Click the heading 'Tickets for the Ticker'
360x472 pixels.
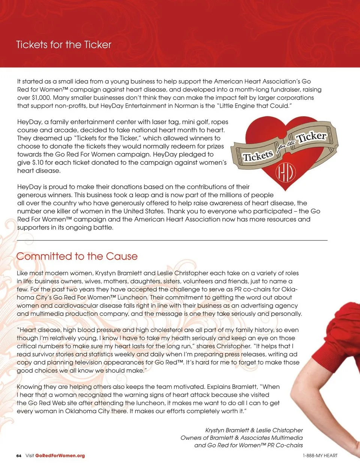click(64, 45)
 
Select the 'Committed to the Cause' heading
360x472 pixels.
click(77, 256)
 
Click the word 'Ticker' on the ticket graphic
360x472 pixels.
click(311, 137)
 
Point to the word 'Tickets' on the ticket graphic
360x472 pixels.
click(258, 155)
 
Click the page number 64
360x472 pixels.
click(19, 456)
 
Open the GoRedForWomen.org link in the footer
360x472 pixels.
click(60, 456)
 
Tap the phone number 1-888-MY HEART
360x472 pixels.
click(320, 456)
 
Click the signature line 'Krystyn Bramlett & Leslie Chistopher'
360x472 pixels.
click(254, 430)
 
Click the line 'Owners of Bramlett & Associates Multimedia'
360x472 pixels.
click(241, 438)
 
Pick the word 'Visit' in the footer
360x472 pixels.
click(30, 456)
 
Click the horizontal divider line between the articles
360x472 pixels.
click(172, 240)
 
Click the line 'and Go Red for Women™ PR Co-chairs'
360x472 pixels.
click(248, 445)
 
